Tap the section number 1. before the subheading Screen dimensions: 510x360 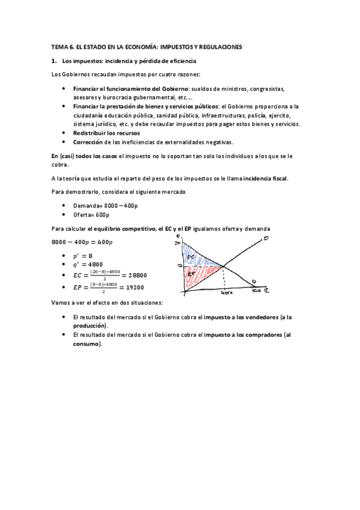pyautogui.click(x=54, y=61)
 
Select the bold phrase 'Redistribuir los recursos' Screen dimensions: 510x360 pyautogui.click(x=106, y=132)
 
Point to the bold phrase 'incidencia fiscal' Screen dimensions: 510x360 pyautogui.click(x=263, y=179)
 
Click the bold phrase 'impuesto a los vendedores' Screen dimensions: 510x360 pyautogui.click(x=241, y=317)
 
